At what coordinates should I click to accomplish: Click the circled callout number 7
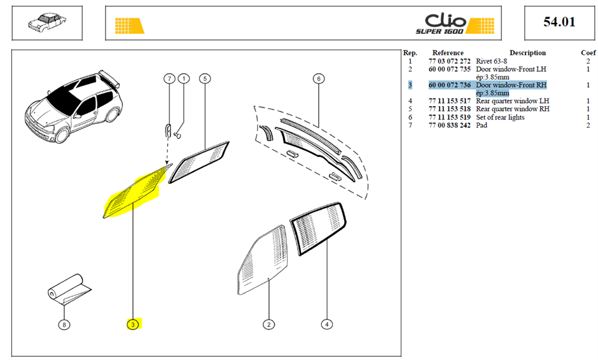pyautogui.click(x=169, y=79)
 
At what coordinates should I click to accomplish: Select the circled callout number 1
pyautogui.click(x=184, y=79)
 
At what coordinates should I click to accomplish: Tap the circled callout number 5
pyautogui.click(x=205, y=79)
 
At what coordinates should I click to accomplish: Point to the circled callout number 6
pyautogui.click(x=319, y=79)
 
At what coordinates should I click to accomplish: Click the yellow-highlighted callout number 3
pyautogui.click(x=133, y=324)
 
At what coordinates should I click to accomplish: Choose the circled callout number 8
pyautogui.click(x=64, y=324)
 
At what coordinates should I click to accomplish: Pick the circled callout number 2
pyautogui.click(x=269, y=324)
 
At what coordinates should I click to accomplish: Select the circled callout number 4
pyautogui.click(x=327, y=324)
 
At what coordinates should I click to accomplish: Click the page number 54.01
pyautogui.click(x=559, y=22)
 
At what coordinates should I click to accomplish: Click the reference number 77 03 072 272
pyautogui.click(x=450, y=62)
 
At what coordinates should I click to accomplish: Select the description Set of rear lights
pyautogui.click(x=500, y=118)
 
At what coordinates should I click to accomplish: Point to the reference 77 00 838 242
pyautogui.click(x=450, y=125)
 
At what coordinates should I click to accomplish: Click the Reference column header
pyautogui.click(x=448, y=53)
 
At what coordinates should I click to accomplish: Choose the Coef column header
pyautogui.click(x=588, y=53)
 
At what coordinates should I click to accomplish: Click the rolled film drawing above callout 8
pyautogui.click(x=69, y=290)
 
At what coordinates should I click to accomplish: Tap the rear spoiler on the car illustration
pyautogui.click(x=110, y=78)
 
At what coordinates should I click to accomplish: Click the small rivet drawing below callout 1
pyautogui.click(x=177, y=135)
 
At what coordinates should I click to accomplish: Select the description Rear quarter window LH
pyautogui.click(x=513, y=101)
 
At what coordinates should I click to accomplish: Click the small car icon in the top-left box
pyautogui.click(x=47, y=22)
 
